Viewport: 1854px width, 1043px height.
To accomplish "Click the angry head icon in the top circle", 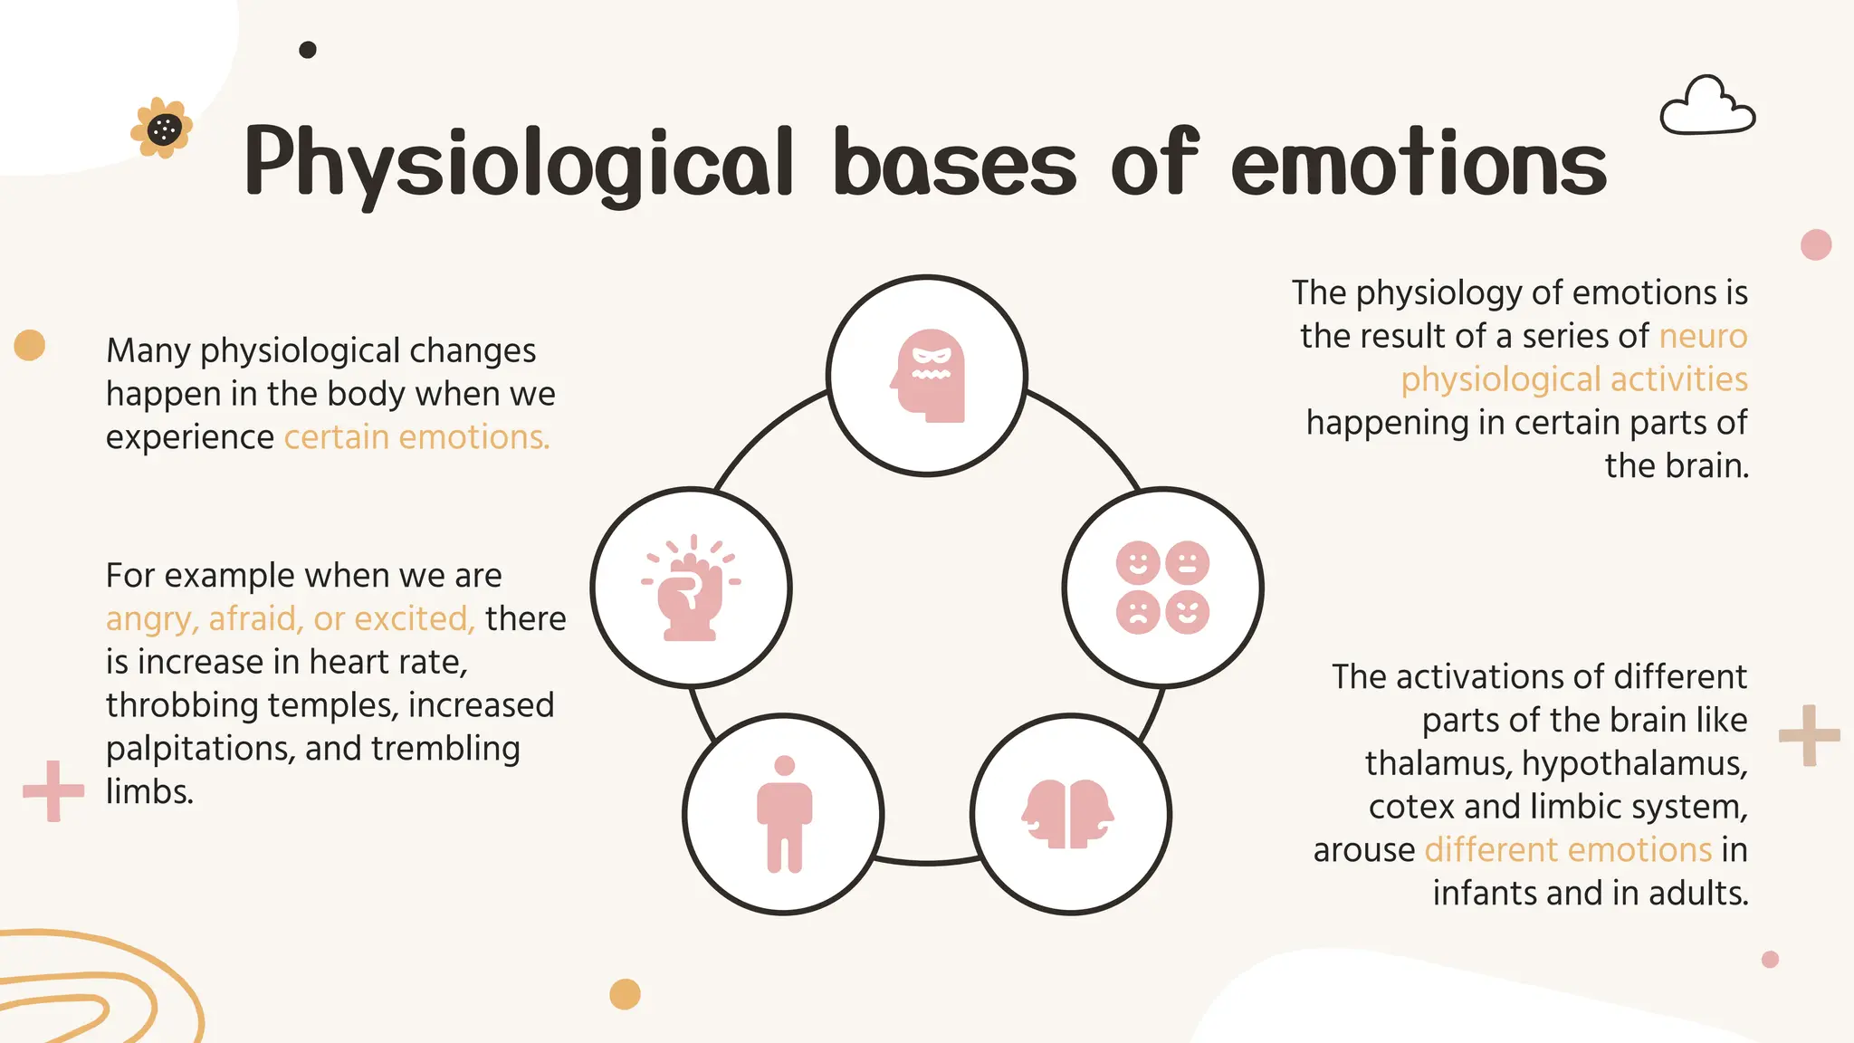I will pyautogui.click(x=928, y=376).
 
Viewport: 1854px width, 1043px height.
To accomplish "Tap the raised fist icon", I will pyautogui.click(x=691, y=589).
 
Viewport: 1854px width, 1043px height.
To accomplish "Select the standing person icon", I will pyautogui.click(x=784, y=814).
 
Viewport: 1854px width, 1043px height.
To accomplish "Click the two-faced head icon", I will pyautogui.click(x=1069, y=814).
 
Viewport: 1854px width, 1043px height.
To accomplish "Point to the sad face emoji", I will pyautogui.click(x=1138, y=612).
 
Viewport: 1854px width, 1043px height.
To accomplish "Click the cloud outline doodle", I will pyautogui.click(x=1707, y=107).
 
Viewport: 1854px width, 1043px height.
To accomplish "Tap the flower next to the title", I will pyautogui.click(x=163, y=129).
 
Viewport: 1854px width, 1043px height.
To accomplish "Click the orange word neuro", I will pyautogui.click(x=1703, y=336).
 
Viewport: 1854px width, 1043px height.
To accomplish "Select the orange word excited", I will pyautogui.click(x=414, y=618).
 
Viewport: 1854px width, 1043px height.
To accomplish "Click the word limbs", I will pyautogui.click(x=149, y=792).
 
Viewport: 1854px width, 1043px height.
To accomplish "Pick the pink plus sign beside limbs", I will pyautogui.click(x=53, y=790).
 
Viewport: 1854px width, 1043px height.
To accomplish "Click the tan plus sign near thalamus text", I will pyautogui.click(x=1809, y=735).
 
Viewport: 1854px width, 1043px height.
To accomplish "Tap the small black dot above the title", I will pyautogui.click(x=308, y=50).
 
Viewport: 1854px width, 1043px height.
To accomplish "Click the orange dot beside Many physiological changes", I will pyautogui.click(x=30, y=345).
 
